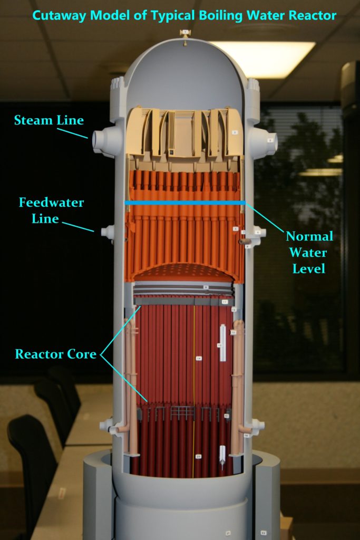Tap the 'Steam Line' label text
48,120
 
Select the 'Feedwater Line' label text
51,210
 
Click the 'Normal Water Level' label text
309,252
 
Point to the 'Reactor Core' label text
55,354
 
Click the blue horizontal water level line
184,202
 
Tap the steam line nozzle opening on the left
98,140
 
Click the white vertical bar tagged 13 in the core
223,343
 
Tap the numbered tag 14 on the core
199,358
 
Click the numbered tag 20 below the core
198,456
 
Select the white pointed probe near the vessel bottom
222,457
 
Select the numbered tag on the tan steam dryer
235,132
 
